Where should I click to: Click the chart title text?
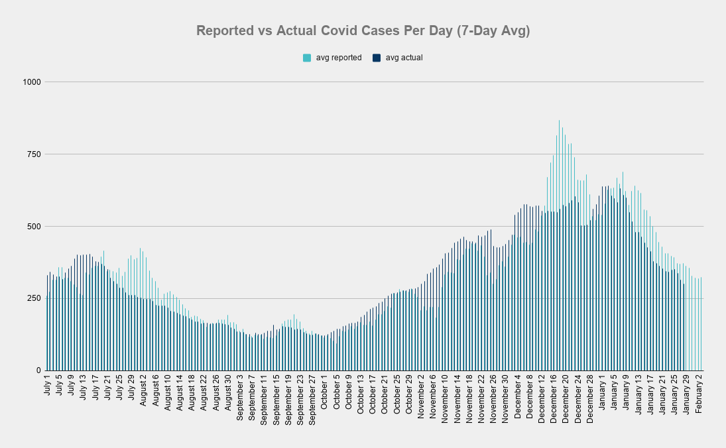coord(363,31)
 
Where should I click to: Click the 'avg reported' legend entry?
coord(338,58)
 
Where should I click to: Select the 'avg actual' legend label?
coord(404,58)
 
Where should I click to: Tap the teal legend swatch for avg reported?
coord(307,58)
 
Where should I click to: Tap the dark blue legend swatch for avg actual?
coord(377,58)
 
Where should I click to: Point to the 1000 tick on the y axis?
coord(32,82)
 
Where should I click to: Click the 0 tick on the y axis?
coord(38,370)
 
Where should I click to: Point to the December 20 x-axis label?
coord(566,396)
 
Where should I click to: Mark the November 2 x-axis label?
coord(421,394)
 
